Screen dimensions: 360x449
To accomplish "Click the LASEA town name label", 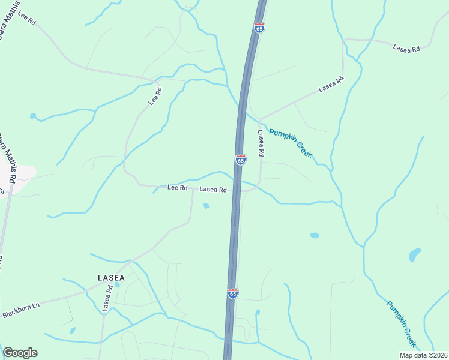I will point(111,278).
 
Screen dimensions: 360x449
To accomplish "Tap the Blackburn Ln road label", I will point(20,310).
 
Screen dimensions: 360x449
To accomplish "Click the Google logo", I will point(20,353).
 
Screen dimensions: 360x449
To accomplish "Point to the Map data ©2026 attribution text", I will point(423,355).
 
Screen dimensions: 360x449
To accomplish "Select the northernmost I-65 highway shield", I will point(259,28).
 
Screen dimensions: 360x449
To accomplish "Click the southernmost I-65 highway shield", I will point(233,293).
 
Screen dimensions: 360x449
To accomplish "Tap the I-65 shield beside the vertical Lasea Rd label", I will point(240,160).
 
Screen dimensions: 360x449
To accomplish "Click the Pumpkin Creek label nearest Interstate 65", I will point(291,143).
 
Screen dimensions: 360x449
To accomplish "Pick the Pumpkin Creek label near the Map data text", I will point(401,325).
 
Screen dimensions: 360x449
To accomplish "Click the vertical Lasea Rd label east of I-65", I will point(261,143).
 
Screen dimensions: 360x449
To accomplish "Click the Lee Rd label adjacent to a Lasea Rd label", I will point(178,188).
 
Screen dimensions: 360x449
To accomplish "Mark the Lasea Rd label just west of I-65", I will point(212,189).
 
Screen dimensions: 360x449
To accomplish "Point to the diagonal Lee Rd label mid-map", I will point(155,97).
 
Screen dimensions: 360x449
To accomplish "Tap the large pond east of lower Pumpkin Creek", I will point(415,254).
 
